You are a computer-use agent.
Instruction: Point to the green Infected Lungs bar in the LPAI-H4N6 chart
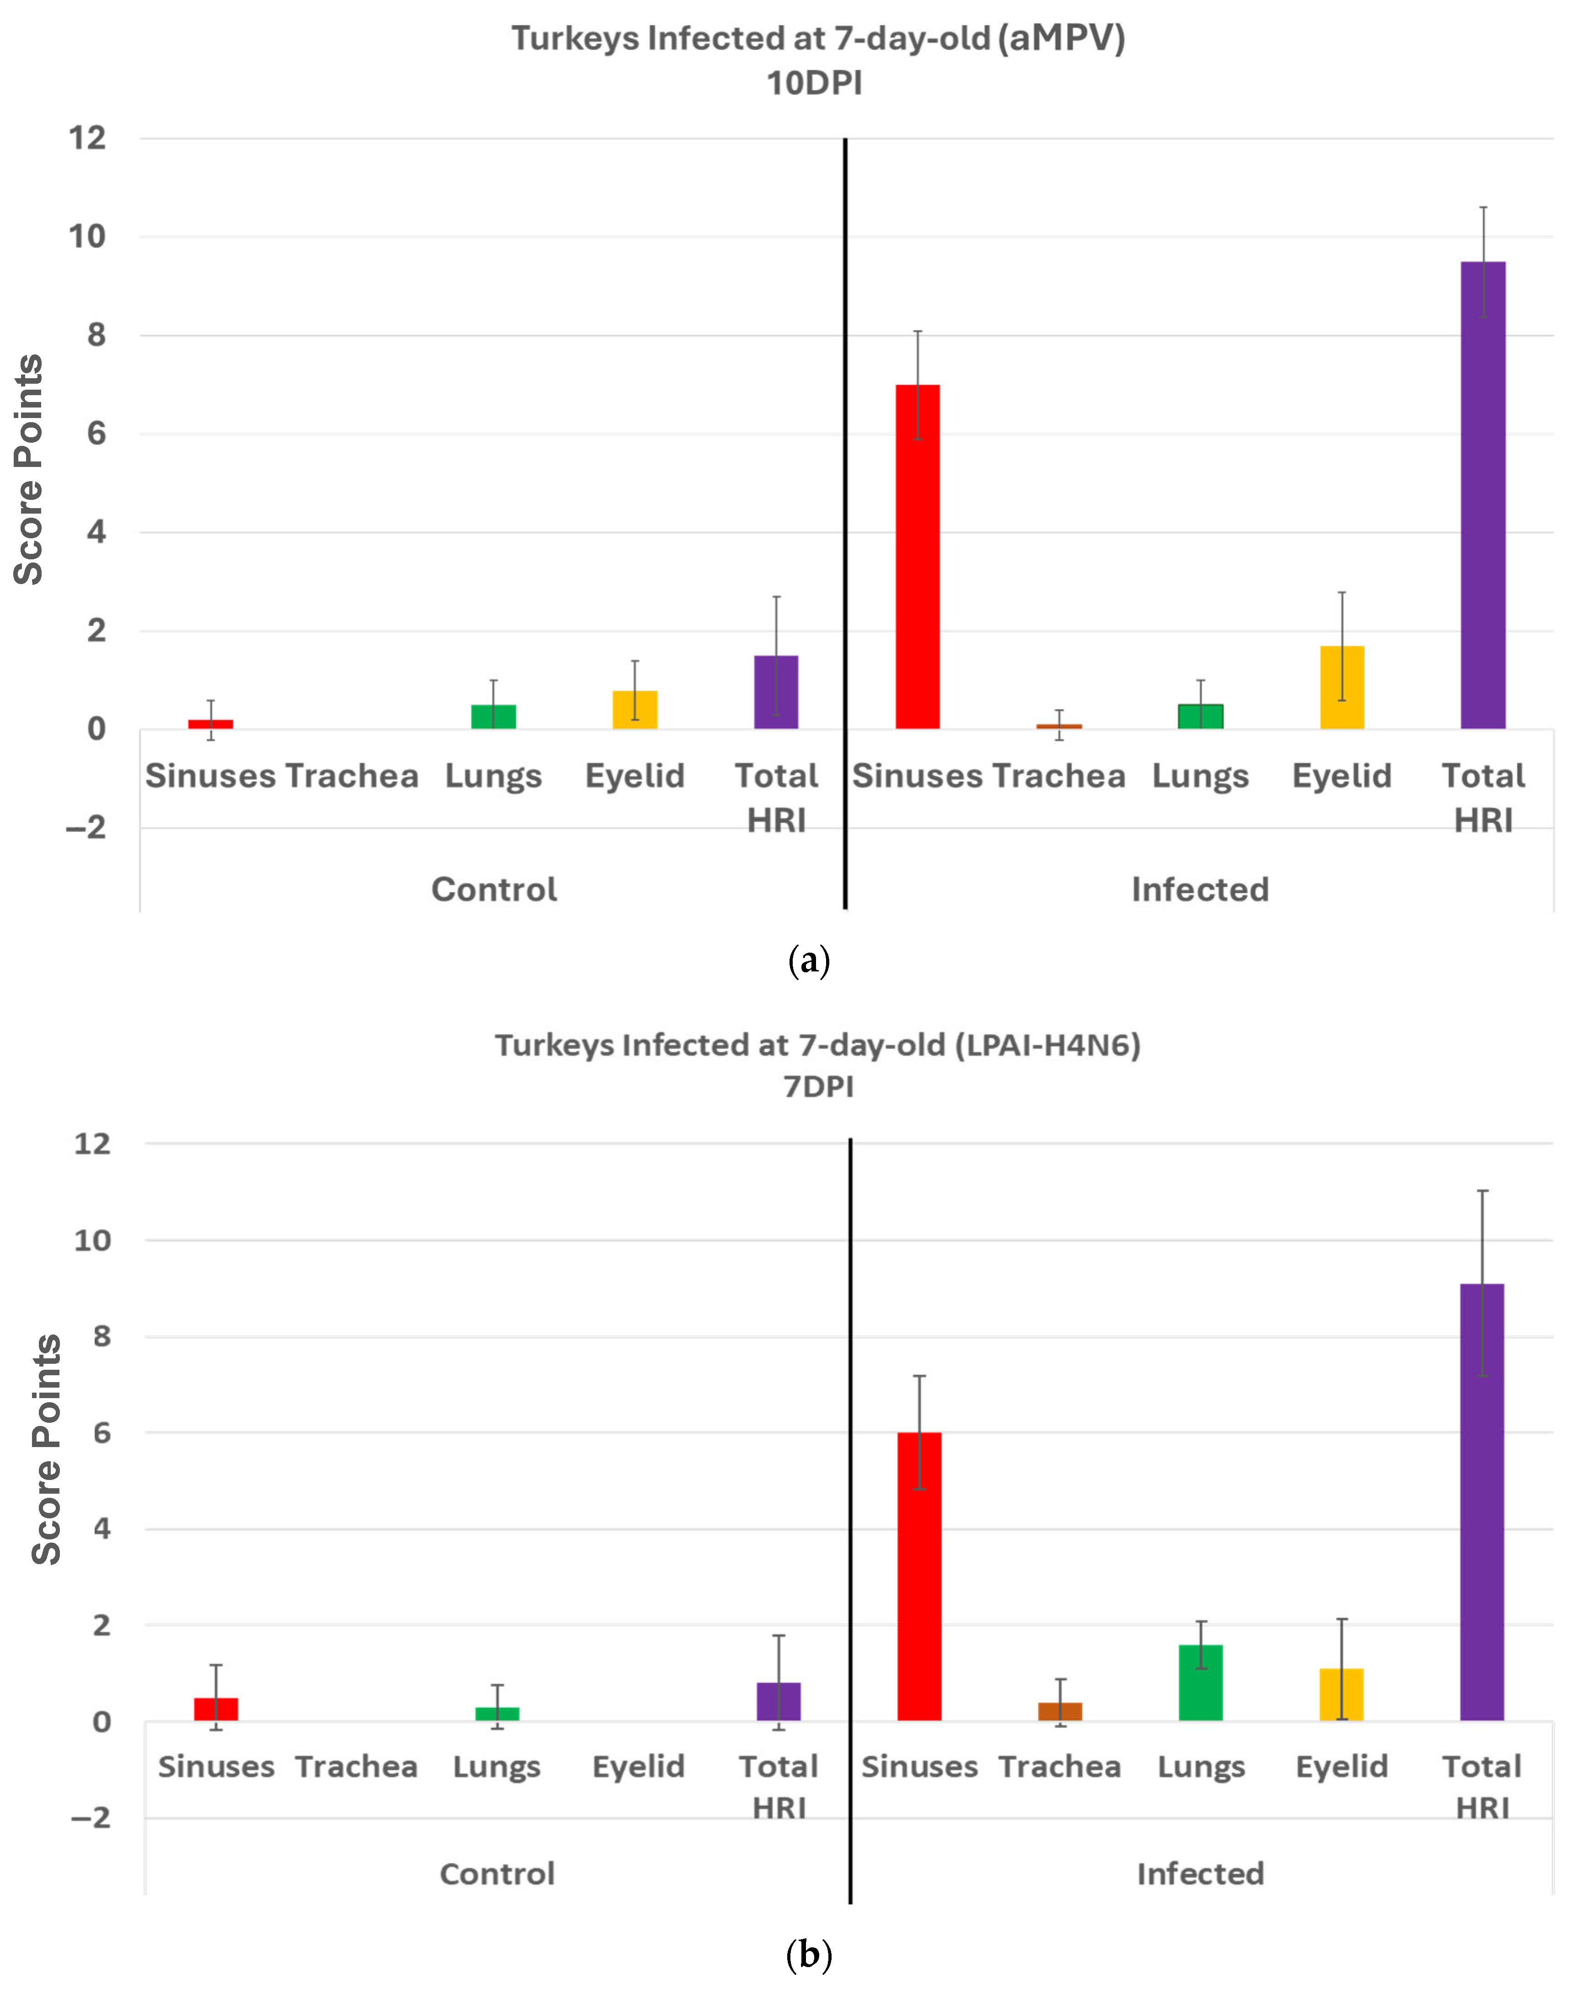pyautogui.click(x=1201, y=1683)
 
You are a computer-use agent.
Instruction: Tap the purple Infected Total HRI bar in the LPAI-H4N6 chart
pyautogui.click(x=1482, y=1502)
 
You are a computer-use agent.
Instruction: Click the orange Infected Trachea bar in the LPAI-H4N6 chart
pyautogui.click(x=1060, y=1711)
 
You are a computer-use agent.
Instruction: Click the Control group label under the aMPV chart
pyautogui.click(x=494, y=890)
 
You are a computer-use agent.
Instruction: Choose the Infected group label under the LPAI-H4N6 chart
pyautogui.click(x=1200, y=1874)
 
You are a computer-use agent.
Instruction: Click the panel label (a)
pyautogui.click(x=809, y=961)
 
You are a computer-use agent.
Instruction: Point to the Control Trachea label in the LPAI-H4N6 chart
pyautogui.click(x=356, y=1767)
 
